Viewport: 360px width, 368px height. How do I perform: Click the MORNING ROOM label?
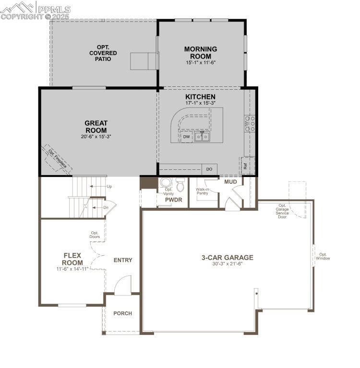point(201,52)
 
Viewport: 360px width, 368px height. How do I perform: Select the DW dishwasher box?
point(187,137)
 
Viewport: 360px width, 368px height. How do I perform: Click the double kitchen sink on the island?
point(202,137)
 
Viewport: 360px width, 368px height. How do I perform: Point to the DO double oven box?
point(209,169)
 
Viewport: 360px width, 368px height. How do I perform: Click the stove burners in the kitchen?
point(250,123)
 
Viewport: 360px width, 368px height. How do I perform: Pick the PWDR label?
point(173,200)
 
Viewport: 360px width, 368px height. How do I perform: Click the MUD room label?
point(230,182)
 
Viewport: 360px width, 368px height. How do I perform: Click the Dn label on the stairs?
point(106,207)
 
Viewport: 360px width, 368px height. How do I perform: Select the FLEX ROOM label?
point(72,259)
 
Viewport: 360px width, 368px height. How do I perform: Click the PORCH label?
point(122,313)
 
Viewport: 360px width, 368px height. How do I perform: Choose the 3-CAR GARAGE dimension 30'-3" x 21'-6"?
point(227,264)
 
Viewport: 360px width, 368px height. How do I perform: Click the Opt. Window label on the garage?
point(323,257)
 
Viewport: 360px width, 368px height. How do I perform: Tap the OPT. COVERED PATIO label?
point(103,53)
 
